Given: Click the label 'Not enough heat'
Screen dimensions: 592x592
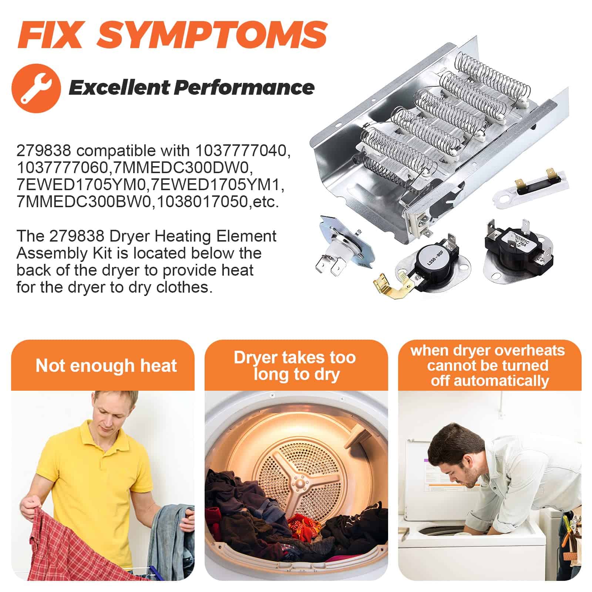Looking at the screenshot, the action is (106, 366).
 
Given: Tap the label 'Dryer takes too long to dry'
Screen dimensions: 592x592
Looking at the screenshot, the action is (295, 366).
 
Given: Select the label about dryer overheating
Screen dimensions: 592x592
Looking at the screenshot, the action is (488, 366).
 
